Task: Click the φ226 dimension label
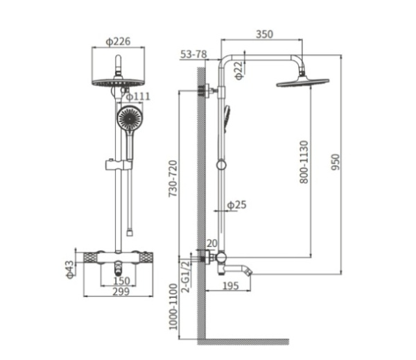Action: pyautogui.click(x=118, y=42)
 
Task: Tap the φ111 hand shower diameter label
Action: pyautogui.click(x=138, y=96)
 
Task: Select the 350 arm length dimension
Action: pyautogui.click(x=264, y=34)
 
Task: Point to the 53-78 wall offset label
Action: pyautogui.click(x=193, y=54)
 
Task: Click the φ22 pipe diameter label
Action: pyautogui.click(x=239, y=70)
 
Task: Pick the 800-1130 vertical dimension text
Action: pyautogui.click(x=304, y=162)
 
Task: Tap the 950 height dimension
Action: pyautogui.click(x=335, y=162)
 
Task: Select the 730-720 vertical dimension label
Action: pyautogui.click(x=173, y=178)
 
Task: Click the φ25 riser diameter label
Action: pyautogui.click(x=236, y=205)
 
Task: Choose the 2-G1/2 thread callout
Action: pyautogui.click(x=187, y=276)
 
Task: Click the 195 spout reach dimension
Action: pyautogui.click(x=231, y=286)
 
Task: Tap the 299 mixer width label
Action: pyautogui.click(x=121, y=291)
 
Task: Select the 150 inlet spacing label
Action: pyautogui.click(x=121, y=281)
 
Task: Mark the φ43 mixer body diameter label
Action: pyautogui.click(x=69, y=269)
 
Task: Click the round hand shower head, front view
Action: pyautogui.click(x=130, y=118)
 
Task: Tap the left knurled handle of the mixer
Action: pyautogui.click(x=90, y=257)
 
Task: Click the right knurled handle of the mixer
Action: pyautogui.click(x=146, y=257)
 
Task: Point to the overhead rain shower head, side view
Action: pyautogui.click(x=303, y=82)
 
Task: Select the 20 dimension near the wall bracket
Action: pyautogui.click(x=211, y=243)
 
